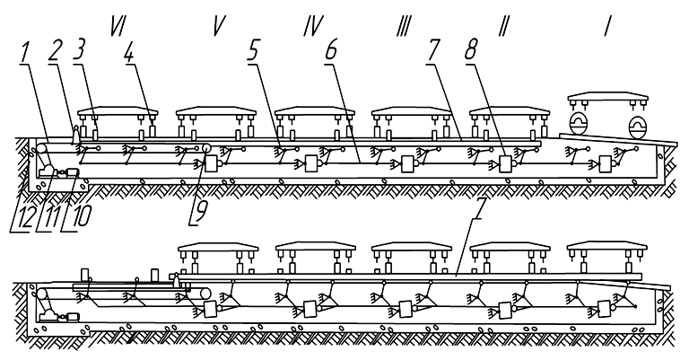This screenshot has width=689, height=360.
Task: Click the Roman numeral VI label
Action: [118, 28]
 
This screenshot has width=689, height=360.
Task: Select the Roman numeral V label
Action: [217, 28]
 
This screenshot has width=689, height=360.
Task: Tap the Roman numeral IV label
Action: [312, 28]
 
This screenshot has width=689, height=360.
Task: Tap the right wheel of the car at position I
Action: [638, 124]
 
